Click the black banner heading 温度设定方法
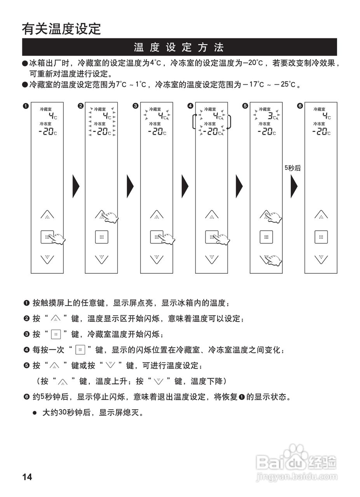pos(179,47)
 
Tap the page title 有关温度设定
pos(61,29)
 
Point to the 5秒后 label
pos(292,168)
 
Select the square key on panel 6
pos(321,237)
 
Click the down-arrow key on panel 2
pos(102,259)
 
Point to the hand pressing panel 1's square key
pos(58,238)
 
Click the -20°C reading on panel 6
pos(321,132)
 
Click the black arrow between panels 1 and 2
pos(76,186)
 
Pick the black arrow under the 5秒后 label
pos(294,186)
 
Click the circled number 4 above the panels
pos(190,106)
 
